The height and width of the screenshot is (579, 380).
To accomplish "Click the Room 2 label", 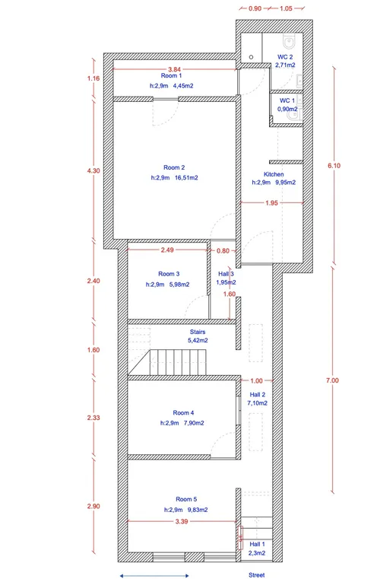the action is coord(174,167).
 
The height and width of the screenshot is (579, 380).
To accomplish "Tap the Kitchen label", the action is coord(274,174).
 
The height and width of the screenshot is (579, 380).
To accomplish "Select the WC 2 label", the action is coord(285,57).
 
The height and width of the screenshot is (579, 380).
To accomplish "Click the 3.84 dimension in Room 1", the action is coord(175,69).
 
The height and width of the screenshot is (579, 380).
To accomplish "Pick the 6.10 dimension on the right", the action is coord(334,165).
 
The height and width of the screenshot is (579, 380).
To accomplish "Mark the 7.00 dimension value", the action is coord(332,380).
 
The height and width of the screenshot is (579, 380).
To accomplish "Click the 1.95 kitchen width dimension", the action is coord(271,202).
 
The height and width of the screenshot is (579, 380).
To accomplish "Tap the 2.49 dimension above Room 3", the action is coord(167,250).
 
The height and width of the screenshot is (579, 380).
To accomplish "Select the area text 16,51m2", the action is coord(186,177).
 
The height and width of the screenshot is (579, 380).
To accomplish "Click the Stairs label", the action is coord(198,332).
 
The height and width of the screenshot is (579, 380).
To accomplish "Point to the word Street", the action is coord(257,575).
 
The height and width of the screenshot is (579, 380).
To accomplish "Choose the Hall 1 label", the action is coord(257,544).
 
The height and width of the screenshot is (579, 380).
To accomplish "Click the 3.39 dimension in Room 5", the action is coord(182,521).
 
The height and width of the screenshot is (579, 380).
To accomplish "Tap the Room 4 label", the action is coord(183,413).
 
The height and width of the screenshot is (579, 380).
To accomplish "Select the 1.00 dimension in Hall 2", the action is coord(256,380).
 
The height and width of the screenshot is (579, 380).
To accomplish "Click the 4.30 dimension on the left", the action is coord(93,170).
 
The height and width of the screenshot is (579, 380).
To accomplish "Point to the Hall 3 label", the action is coord(226,274).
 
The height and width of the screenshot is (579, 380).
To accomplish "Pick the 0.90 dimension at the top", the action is coord(255,8).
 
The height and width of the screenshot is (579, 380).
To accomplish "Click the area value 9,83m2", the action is coord(197,510).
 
